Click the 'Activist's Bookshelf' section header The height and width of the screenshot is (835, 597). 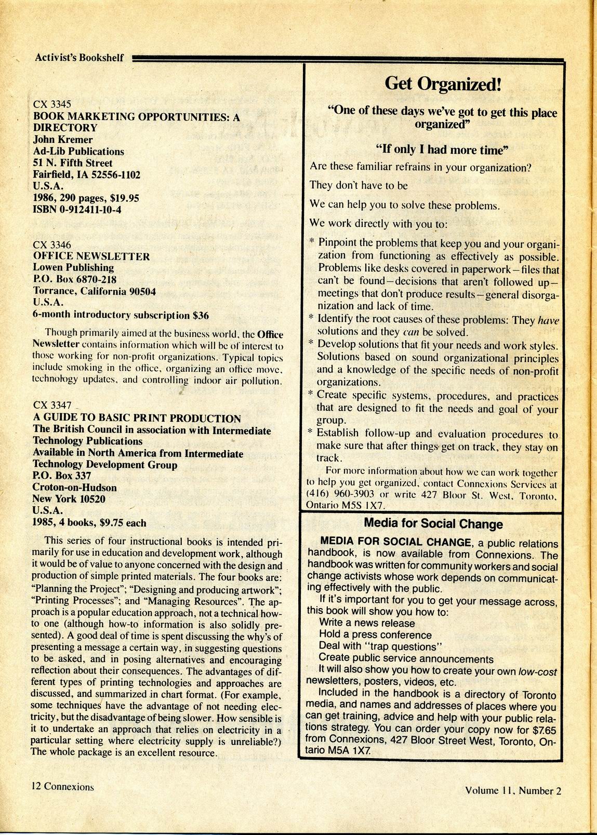[x=79, y=57]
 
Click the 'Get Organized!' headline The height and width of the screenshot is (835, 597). [x=443, y=84]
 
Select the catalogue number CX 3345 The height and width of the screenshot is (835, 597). [x=52, y=103]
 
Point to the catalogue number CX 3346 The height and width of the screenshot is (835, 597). [x=52, y=245]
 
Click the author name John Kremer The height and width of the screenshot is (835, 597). [x=63, y=139]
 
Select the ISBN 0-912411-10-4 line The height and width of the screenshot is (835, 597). [x=77, y=210]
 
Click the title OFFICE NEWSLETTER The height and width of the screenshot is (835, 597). [x=91, y=256]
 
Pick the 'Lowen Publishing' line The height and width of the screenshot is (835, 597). [x=73, y=267]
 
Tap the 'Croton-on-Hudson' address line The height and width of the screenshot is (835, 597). [x=74, y=488]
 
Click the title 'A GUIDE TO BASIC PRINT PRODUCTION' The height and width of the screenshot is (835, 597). [x=137, y=419]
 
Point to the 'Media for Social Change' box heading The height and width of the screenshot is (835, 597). [x=433, y=523]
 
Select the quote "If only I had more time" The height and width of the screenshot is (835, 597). [x=442, y=150]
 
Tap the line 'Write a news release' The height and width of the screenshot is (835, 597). [x=367, y=623]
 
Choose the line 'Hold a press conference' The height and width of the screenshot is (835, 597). [x=375, y=635]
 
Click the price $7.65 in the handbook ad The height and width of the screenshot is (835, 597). [x=545, y=729]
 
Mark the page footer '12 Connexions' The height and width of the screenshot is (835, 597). [x=63, y=786]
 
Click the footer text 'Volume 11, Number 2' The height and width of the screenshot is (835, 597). [x=513, y=790]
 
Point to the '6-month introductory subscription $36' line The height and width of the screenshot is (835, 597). [x=121, y=315]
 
